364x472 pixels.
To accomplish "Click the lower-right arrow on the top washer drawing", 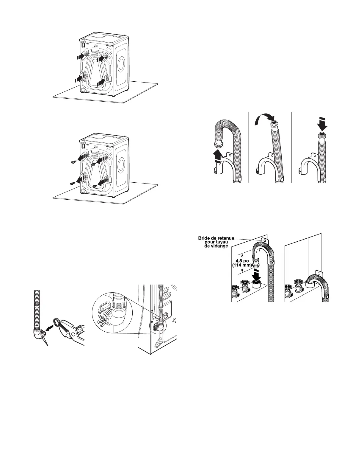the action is [x=101, y=80].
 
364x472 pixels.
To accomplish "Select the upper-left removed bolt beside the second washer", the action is [x=73, y=162].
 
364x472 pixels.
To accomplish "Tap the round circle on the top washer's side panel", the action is [x=121, y=63].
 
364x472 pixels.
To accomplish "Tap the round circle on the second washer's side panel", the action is [x=121, y=164].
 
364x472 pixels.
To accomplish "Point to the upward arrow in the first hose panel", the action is [x=218, y=156].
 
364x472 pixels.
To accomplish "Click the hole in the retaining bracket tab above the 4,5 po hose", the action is [x=263, y=239].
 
